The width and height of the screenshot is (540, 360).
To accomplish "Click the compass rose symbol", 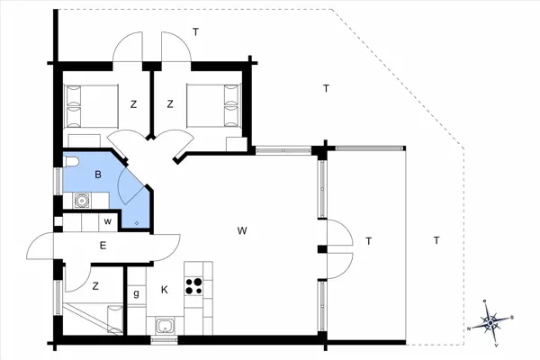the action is point(490,322).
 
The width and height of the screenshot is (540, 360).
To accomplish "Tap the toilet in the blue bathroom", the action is point(71,161).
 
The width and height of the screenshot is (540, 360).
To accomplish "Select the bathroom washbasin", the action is point(82,201).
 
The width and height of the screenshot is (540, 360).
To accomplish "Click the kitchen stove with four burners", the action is point(193,286).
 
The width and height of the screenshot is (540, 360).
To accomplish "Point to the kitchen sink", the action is point(166,325).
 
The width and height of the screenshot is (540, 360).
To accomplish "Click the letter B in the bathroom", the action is point(98,175).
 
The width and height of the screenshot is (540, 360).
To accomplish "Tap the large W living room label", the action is point(242,230).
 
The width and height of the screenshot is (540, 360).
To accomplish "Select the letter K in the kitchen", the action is point(165,290).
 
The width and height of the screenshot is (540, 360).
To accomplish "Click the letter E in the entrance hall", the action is point(103,246).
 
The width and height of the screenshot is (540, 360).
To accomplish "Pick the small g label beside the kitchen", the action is point(137,294).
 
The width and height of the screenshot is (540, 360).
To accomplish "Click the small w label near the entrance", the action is point(108,221).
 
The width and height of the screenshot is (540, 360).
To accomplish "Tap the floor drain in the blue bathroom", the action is point(137,223).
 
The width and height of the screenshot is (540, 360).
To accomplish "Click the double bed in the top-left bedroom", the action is point(91,106).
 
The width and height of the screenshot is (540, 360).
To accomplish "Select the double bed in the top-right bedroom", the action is point(212,105).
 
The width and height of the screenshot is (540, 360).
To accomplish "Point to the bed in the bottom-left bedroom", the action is point(93,319).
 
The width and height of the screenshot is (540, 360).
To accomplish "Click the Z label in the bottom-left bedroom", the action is point(95,286).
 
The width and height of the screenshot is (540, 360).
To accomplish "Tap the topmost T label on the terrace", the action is point(195,32).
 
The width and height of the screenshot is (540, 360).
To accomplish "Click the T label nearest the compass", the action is point(436,240).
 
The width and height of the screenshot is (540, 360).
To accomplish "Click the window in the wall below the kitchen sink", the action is point(164,340).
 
